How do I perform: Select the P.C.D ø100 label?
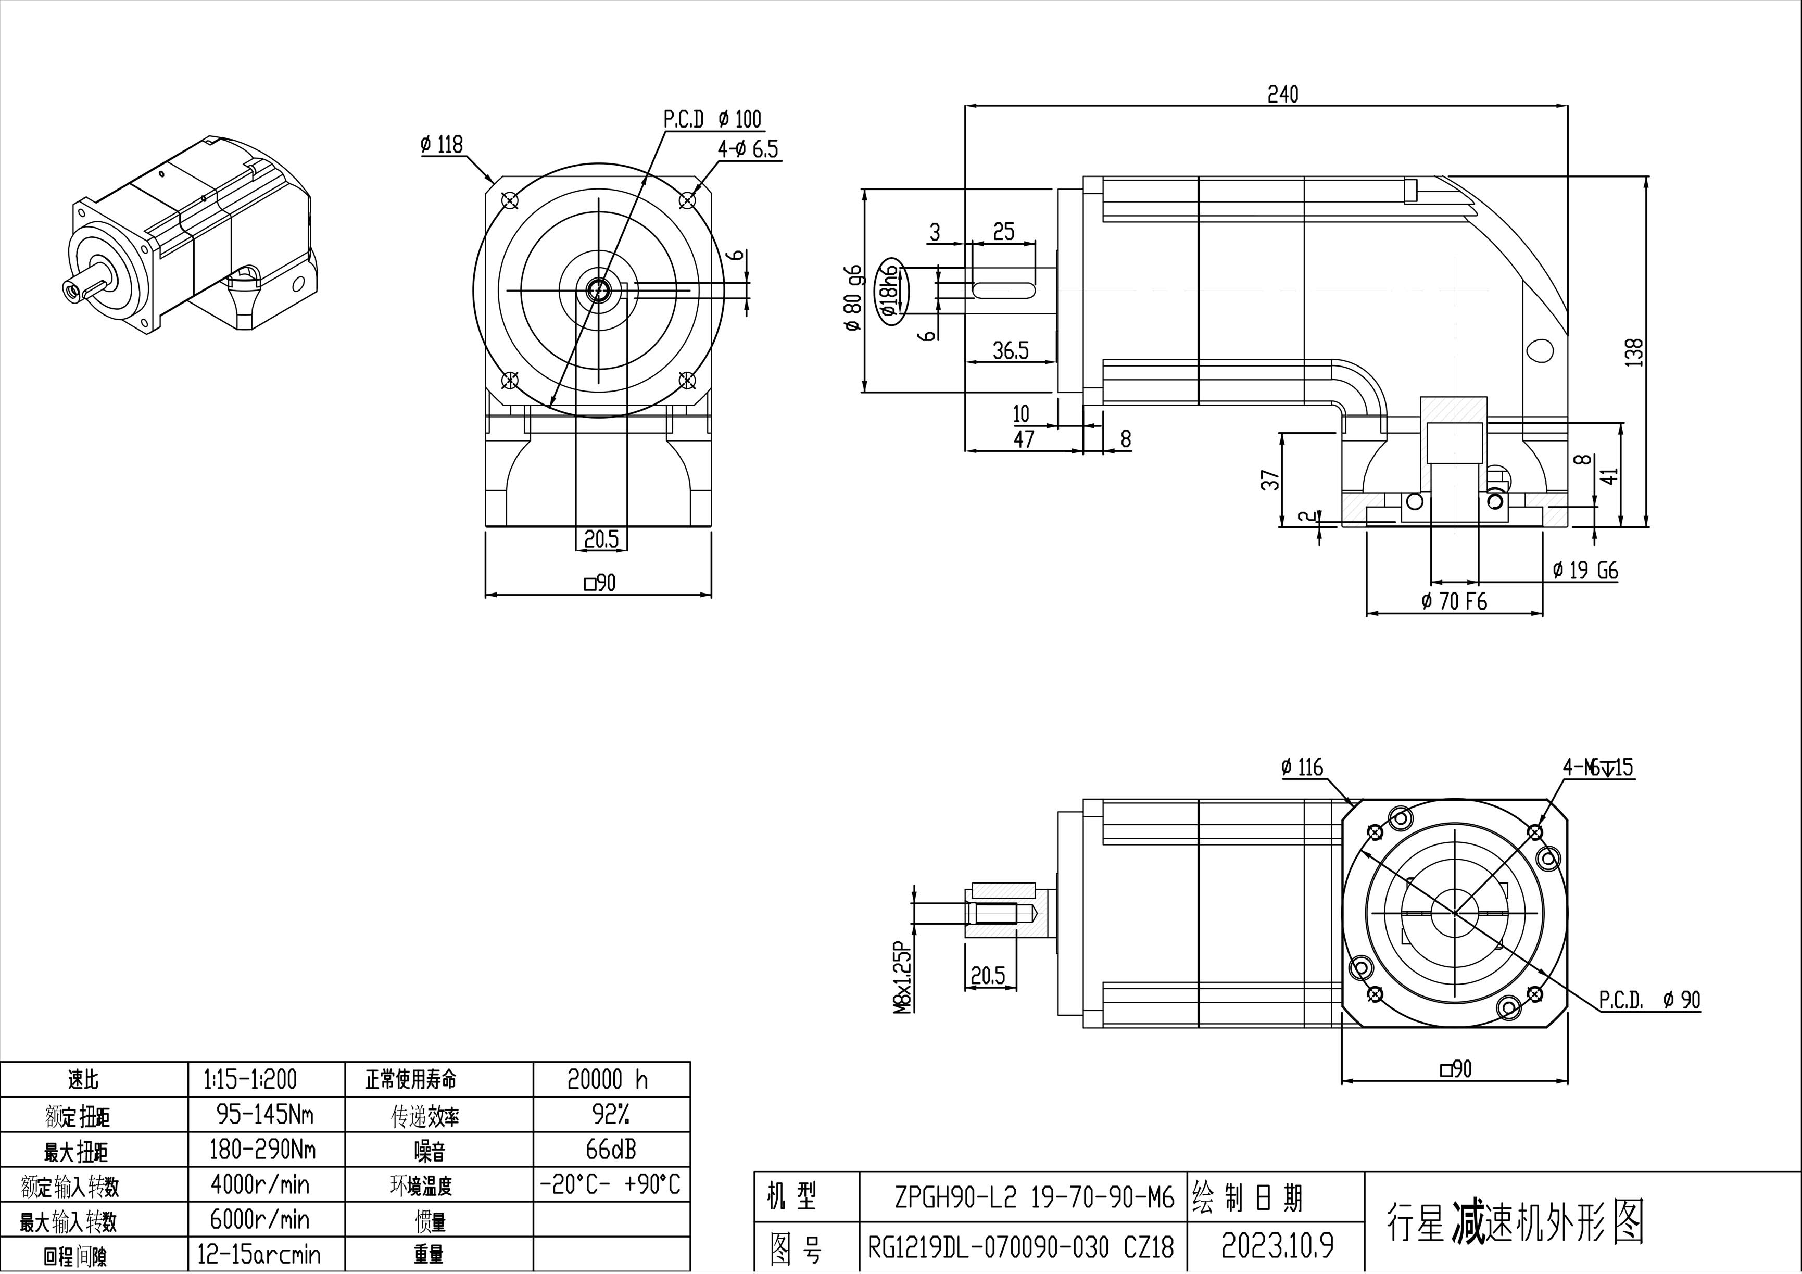(x=712, y=119)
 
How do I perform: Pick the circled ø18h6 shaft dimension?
(x=889, y=291)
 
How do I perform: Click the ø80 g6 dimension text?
(x=853, y=298)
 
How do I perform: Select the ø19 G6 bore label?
(x=1585, y=571)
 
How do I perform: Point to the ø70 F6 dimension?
(x=1454, y=601)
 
